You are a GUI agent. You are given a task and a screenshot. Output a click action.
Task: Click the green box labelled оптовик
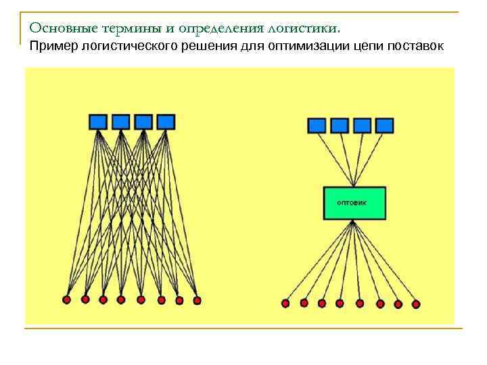coord(354,203)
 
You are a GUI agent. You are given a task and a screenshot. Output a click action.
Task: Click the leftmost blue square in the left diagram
coord(98,122)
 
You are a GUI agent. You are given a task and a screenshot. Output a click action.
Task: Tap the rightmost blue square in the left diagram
coord(166,122)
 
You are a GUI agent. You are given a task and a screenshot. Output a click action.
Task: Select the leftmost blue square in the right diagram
coord(317,125)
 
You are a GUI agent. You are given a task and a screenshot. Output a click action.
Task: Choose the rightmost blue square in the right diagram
coord(384,125)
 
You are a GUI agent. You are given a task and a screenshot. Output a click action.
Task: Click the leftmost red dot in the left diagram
coord(67,299)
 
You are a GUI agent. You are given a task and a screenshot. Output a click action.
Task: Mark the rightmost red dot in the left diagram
coord(197,300)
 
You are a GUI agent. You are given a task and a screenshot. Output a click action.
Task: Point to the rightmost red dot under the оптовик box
coord(416,305)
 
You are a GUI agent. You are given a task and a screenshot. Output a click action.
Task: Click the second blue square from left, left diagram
coord(120,122)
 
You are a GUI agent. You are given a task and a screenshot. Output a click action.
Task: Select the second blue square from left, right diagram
coord(339,125)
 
